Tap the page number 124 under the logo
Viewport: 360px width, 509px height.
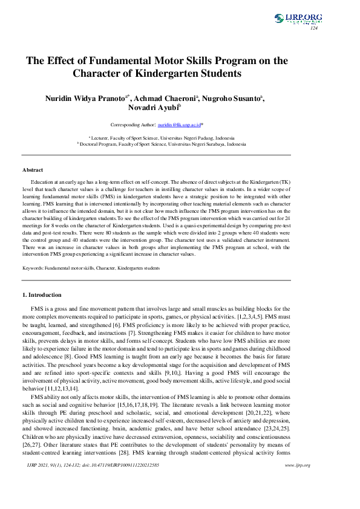click(x=313, y=28)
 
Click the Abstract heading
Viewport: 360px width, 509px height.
click(x=33, y=170)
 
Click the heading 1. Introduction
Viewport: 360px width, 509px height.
click(x=42, y=295)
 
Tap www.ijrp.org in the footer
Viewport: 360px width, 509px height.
click(x=297, y=482)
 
